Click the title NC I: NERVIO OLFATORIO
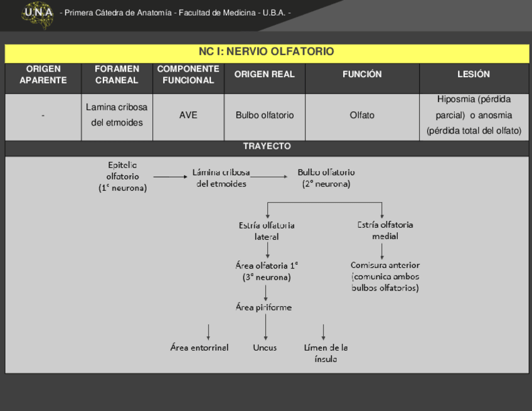(267, 51)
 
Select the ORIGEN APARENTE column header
(43, 75)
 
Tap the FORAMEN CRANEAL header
(117, 75)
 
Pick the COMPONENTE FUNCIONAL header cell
(188, 75)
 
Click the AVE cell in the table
(188, 115)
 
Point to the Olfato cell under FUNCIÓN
(362, 115)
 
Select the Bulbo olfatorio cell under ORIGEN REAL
(265, 115)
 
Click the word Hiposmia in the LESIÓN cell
(455, 100)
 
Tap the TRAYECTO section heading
(267, 146)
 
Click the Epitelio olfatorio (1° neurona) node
(122, 176)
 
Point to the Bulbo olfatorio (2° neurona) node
(326, 178)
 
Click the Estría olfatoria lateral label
(267, 231)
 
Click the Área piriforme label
(263, 307)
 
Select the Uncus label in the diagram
(265, 348)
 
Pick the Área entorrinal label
(199, 348)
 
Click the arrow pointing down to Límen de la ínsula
(324, 331)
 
